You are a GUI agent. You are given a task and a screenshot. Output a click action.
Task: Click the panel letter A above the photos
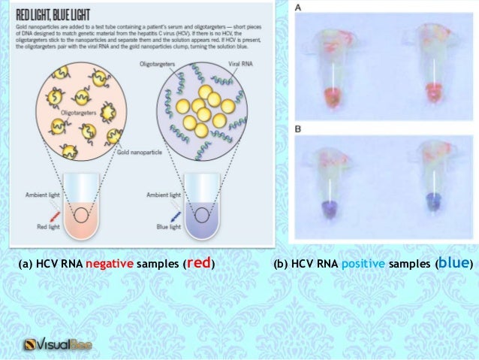coord(300,8)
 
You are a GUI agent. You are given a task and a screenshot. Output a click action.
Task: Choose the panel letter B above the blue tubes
coord(299,129)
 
